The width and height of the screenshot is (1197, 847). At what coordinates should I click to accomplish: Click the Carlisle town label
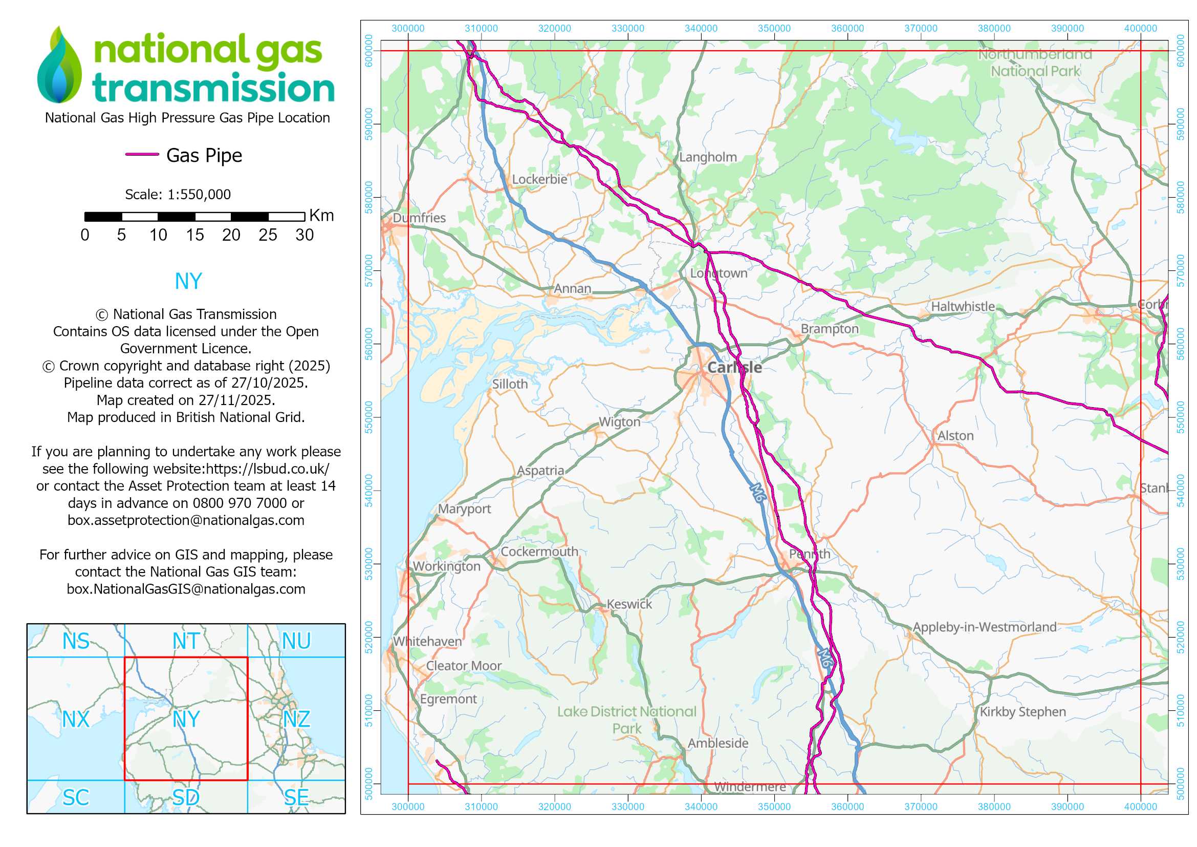734,367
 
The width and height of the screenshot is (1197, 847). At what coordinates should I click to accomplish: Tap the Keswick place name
629,604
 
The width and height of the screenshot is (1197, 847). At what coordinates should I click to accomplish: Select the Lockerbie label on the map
539,179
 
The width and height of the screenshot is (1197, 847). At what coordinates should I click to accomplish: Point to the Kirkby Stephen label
1022,712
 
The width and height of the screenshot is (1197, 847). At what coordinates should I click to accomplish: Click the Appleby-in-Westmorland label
984,627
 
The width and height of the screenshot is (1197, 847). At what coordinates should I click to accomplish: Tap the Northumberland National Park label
1035,62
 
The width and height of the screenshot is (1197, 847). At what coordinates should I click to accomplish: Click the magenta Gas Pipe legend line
142,154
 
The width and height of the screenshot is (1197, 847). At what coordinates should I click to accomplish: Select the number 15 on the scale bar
194,235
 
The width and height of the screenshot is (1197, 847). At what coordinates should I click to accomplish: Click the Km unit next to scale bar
321,216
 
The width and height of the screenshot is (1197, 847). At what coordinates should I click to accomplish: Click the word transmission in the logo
213,88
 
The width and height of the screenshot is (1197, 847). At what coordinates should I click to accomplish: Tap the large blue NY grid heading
188,282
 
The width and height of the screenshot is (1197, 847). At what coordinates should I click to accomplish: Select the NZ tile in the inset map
296,719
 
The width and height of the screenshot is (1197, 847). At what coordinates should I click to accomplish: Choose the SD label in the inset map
186,797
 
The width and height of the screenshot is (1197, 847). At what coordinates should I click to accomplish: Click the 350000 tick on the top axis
774,29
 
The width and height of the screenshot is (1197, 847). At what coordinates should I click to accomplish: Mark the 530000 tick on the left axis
369,564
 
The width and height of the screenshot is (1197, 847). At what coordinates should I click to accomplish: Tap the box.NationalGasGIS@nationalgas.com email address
186,589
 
